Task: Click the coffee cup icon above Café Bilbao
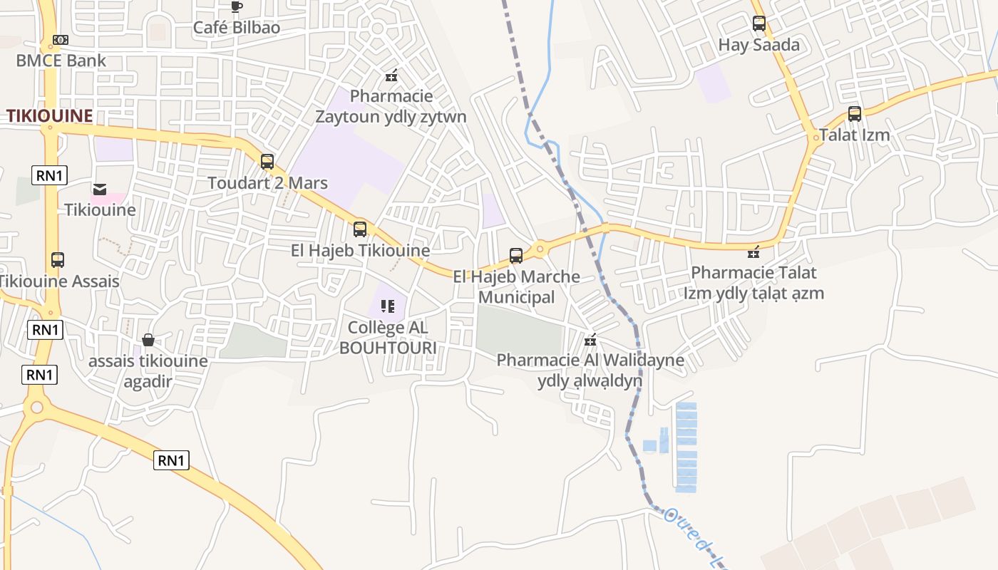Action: click(237, 7)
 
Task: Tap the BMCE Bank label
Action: click(61, 61)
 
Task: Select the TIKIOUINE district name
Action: click(49, 115)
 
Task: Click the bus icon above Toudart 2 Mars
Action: click(267, 162)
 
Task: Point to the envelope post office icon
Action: click(100, 189)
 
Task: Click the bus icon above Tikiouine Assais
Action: click(58, 260)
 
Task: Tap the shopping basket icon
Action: click(148, 340)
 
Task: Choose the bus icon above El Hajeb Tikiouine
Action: click(360, 229)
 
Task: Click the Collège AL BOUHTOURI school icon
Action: click(388, 306)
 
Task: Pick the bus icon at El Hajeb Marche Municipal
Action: click(516, 256)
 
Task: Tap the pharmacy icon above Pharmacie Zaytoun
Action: click(391, 75)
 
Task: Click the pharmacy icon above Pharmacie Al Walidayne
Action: click(590, 340)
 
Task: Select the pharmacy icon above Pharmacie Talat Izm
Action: click(753, 252)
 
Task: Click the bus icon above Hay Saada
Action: click(759, 24)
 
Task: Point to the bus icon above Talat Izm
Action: click(854, 114)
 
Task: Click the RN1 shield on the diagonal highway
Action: click(171, 460)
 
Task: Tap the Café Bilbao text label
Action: click(237, 28)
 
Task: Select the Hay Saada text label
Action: click(759, 45)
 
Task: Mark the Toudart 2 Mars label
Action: click(267, 183)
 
